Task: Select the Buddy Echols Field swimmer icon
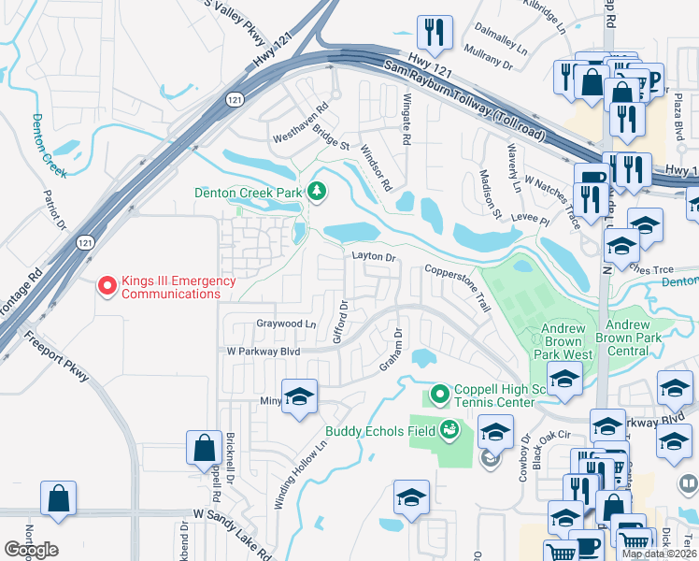[449, 430]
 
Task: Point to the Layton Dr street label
[374, 256]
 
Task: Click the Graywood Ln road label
[286, 324]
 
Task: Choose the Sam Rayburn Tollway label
[464, 99]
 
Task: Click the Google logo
[31, 550]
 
